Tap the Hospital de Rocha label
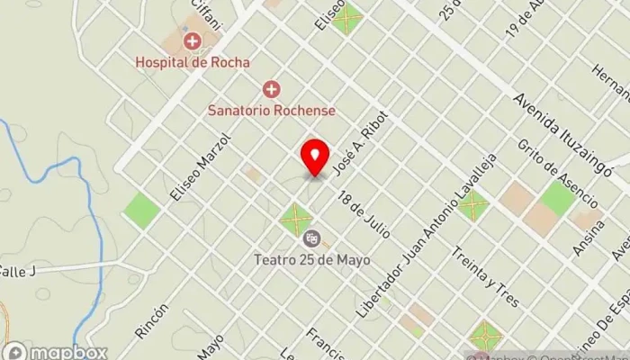tap(192, 62)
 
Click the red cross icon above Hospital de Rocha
tap(192, 41)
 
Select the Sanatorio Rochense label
tap(271, 110)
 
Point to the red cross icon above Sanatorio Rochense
tap(271, 89)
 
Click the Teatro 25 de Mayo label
tap(313, 261)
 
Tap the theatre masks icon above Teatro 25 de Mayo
tap(312, 239)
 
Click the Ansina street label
tap(586, 239)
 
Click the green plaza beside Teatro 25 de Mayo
tap(295, 218)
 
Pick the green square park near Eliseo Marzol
tap(141, 210)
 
